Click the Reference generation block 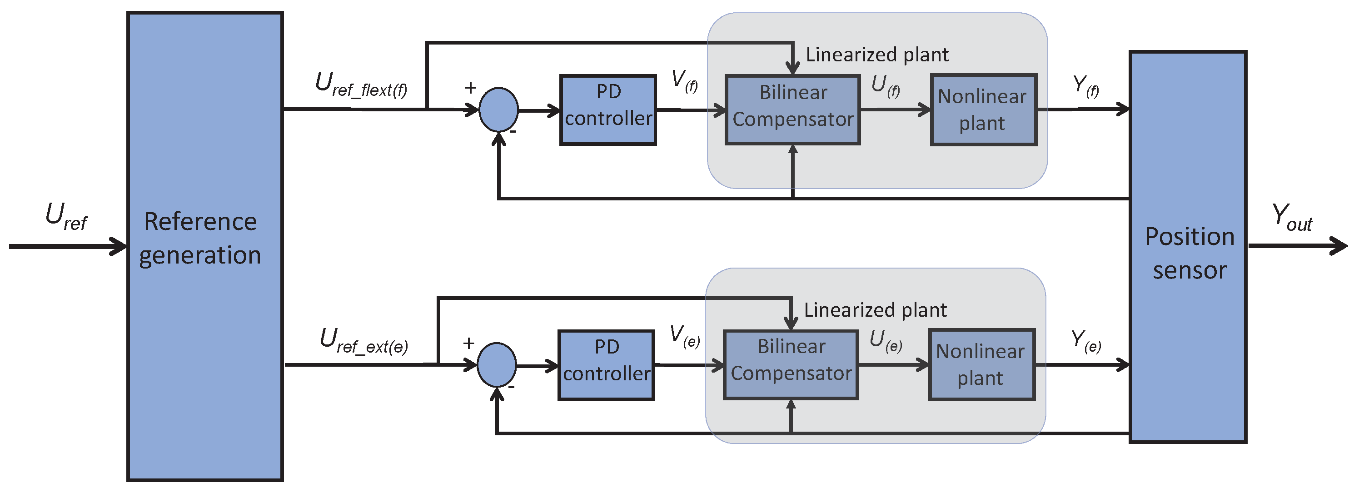coord(205,246)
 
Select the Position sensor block coord(1188,246)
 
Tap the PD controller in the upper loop coord(608,110)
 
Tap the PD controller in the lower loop coord(606,365)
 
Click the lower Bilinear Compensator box coord(790,365)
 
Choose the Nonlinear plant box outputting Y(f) coord(983,110)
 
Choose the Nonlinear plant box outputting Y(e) coord(981,365)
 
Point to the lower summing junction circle coord(497,365)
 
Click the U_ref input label coord(66,216)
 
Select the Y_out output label coord(1291,217)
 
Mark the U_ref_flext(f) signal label coord(361,85)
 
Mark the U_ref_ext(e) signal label coord(363,340)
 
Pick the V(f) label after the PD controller coord(684,81)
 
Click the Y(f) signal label coord(1086,86)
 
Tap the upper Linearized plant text coord(877,55)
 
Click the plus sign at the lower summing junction coord(468,344)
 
